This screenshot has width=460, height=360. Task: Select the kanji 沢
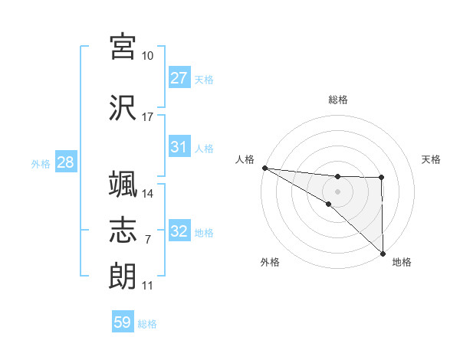pyautogui.click(x=123, y=106)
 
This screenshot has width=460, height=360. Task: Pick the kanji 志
pyautogui.click(x=123, y=231)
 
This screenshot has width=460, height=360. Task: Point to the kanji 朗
pyautogui.click(x=123, y=275)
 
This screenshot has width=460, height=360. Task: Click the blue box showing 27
pyautogui.click(x=179, y=78)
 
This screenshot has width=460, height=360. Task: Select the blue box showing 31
pyautogui.click(x=179, y=147)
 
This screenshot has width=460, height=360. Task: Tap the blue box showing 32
pyautogui.click(x=179, y=231)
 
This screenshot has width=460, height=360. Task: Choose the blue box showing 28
pyautogui.click(x=65, y=162)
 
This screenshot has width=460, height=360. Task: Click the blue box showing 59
pyautogui.click(x=123, y=322)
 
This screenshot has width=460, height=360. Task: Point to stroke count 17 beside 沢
pyautogui.click(x=148, y=117)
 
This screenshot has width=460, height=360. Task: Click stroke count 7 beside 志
pyautogui.click(x=148, y=240)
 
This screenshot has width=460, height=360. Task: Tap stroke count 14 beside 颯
pyautogui.click(x=148, y=194)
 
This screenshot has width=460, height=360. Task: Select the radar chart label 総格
pyautogui.click(x=338, y=100)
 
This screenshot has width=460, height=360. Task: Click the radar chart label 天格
pyautogui.click(x=432, y=159)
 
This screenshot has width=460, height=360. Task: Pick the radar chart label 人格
pyautogui.click(x=245, y=159)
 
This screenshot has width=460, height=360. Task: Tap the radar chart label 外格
pyautogui.click(x=270, y=262)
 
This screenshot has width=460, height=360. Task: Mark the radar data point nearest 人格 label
pyautogui.click(x=264, y=167)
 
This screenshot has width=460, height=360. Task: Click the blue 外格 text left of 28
pyautogui.click(x=41, y=163)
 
